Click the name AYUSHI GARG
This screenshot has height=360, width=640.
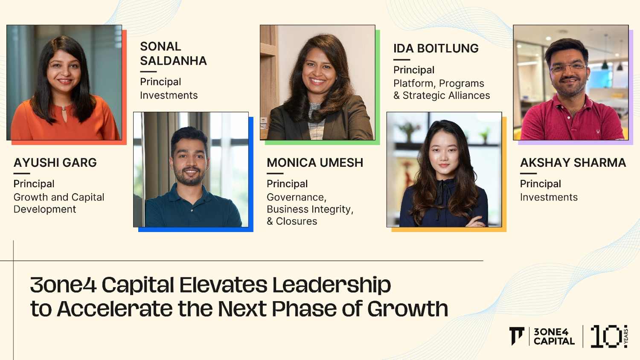55,163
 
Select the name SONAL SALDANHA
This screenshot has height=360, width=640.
173,53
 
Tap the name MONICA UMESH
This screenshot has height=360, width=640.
315,163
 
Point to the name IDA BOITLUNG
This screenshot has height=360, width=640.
436,48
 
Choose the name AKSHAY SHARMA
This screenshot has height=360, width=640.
573,163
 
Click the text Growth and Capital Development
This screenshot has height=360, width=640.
59,203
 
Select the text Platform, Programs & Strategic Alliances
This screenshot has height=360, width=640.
442,90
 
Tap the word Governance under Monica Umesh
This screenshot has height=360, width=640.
296,197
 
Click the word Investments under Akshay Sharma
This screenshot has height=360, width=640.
549,197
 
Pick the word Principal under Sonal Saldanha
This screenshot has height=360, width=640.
160,82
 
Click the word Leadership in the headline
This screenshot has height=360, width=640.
332,285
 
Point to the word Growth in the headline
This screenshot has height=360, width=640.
408,309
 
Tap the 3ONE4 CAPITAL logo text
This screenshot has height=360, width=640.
554,337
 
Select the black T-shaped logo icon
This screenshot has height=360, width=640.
517,336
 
